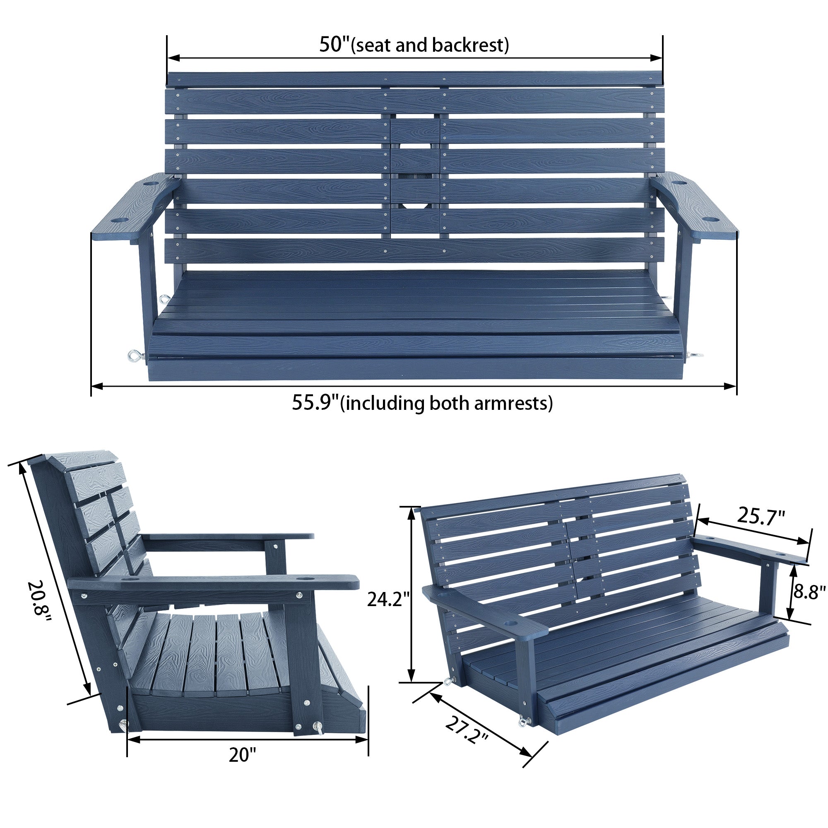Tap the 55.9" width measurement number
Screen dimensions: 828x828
[x=315, y=403]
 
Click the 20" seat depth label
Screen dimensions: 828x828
[x=242, y=755]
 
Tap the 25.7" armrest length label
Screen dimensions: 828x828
[x=761, y=516]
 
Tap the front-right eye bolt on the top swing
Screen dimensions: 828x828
[x=693, y=355]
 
